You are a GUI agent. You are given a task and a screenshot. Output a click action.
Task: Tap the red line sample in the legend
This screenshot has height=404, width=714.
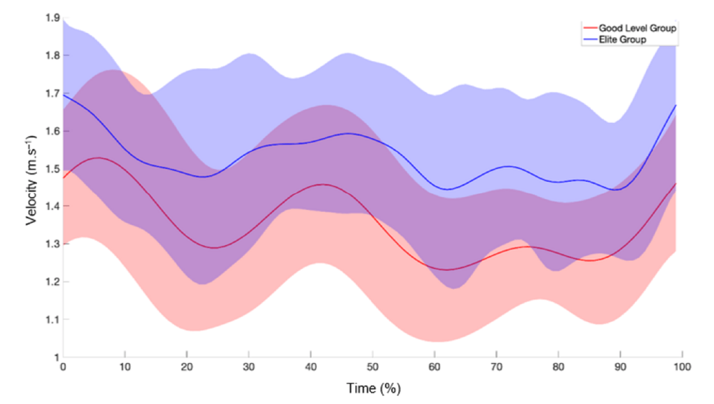[588, 28]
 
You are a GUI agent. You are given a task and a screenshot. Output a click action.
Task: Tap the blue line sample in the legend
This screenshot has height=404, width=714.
[588, 39]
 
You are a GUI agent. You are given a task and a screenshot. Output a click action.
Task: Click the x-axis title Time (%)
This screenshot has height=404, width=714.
[372, 389]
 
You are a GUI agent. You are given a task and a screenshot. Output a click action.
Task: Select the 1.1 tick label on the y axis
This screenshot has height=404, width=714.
[52, 319]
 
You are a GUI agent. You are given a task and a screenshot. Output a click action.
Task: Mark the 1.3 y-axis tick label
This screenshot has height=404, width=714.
[52, 244]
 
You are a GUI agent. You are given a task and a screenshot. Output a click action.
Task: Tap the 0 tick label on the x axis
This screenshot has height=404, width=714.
[63, 367]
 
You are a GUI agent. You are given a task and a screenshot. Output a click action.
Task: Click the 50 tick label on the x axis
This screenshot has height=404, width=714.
[372, 367]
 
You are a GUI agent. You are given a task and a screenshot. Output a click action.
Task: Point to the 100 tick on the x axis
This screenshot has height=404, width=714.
[681, 367]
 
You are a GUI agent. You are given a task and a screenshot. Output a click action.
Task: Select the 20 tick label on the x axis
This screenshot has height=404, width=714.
[187, 367]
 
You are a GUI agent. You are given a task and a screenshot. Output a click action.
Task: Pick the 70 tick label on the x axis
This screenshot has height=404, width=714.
[495, 367]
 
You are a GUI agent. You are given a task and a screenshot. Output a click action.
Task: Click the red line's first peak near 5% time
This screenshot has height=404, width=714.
[97, 157]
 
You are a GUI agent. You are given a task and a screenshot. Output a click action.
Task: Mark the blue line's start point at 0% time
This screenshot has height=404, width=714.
[64, 94]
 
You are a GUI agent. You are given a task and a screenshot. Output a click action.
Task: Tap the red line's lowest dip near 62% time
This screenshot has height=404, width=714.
[447, 270]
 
